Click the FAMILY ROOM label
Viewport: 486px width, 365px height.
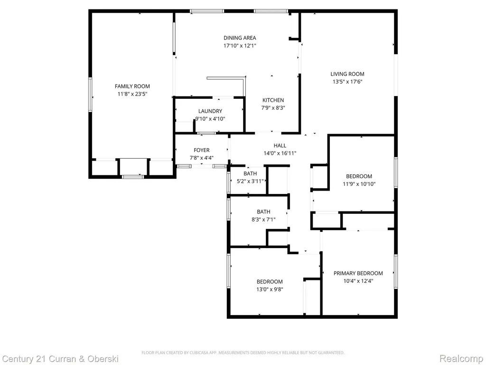tap(132, 86)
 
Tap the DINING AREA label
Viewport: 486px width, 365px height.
tap(240, 38)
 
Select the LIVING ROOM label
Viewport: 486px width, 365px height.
tap(347, 74)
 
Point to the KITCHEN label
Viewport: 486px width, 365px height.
tap(273, 100)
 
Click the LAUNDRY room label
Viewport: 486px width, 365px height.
tap(210, 111)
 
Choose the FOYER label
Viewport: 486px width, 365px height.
tap(201, 150)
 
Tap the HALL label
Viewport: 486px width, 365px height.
tap(280, 145)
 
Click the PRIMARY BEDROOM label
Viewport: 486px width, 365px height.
tap(358, 273)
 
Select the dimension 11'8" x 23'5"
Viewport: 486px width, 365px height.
tap(132, 94)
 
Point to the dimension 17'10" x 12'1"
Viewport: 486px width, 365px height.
tap(240, 46)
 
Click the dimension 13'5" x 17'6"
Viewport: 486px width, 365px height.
tap(347, 82)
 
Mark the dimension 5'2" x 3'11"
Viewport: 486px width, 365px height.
tap(250, 181)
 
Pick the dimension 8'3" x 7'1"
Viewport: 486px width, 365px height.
tap(263, 220)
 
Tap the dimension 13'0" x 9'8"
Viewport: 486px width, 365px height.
tap(270, 289)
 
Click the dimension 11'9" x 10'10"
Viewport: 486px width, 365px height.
tap(359, 184)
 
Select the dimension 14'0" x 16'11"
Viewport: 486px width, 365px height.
tap(280, 154)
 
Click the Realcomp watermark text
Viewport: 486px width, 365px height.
tap(461, 358)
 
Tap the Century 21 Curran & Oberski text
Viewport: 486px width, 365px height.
tap(60, 359)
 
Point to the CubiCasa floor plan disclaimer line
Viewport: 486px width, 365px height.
tap(243, 353)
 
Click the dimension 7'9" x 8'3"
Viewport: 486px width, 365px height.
tap(273, 108)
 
